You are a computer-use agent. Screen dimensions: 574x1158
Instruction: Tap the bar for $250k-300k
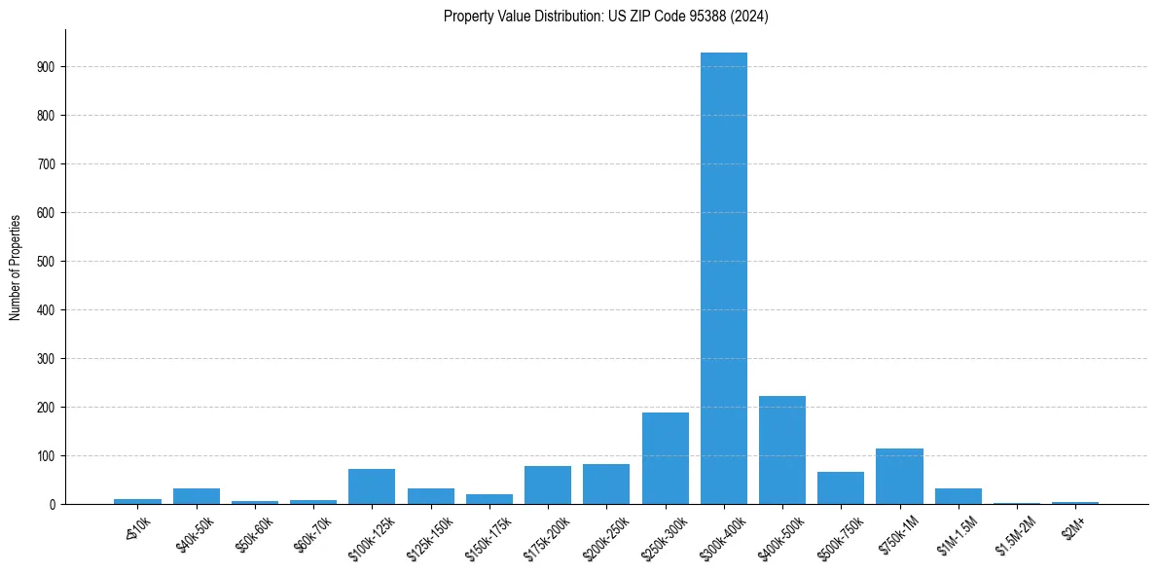coord(666,458)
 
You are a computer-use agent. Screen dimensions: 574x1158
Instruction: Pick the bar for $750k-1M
coord(899,477)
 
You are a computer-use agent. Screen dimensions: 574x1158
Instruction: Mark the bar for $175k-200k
coord(548,485)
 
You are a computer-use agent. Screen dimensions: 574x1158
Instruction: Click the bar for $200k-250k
coord(606,484)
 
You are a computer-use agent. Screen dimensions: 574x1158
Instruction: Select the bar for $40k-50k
coord(197,496)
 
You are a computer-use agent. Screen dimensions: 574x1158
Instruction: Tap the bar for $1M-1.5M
coord(959,496)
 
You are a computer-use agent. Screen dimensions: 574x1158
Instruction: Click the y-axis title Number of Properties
coord(15,267)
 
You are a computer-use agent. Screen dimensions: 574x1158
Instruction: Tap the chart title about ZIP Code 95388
coord(605,16)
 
